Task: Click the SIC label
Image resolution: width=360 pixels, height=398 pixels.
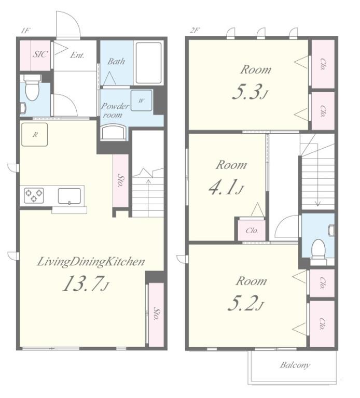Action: click(40, 54)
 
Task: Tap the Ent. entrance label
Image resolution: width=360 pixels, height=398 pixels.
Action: click(77, 55)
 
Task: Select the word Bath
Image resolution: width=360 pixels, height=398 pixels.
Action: click(116, 62)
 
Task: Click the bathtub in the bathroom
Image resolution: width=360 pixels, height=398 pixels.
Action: click(149, 63)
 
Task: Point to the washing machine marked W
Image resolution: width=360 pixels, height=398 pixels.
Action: click(141, 101)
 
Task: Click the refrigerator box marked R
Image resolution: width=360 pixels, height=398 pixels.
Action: click(35, 135)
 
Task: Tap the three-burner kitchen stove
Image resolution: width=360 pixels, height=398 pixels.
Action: click(34, 195)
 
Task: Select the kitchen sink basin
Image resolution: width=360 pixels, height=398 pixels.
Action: click(70, 196)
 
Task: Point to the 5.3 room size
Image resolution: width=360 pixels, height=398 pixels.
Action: click(247, 92)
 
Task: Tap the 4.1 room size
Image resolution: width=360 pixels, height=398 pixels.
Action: click(224, 187)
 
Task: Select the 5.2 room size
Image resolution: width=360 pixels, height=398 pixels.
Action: click(243, 303)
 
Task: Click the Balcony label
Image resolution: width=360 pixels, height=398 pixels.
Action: click(295, 365)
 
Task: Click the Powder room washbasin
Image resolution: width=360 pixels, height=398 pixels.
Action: click(113, 132)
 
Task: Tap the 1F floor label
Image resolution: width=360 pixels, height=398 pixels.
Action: click(25, 31)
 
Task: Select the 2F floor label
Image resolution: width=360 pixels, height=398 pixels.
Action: click(195, 31)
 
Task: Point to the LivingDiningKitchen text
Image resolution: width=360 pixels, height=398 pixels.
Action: click(91, 262)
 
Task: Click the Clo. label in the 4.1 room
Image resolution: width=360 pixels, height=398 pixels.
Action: click(252, 231)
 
